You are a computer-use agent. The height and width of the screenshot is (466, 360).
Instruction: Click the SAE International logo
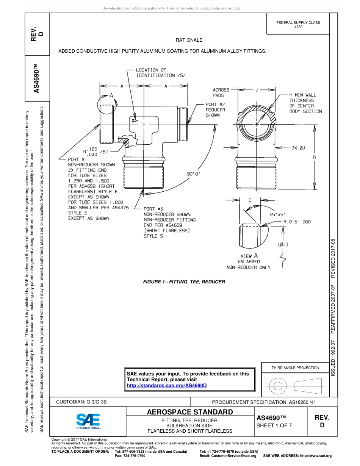(88, 421)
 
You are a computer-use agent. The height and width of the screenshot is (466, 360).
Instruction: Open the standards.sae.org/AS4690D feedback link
(167, 385)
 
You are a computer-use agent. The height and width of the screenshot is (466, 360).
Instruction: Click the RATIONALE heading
(189, 40)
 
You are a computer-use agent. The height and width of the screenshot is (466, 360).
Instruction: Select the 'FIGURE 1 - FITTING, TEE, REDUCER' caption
(184, 282)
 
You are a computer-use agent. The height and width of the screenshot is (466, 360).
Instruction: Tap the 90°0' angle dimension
(194, 174)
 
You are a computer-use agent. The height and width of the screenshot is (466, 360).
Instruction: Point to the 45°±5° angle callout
(279, 214)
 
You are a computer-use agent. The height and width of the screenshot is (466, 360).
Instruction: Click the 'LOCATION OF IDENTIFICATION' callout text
(161, 73)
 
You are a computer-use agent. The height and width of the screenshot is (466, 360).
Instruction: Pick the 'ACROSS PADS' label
(221, 93)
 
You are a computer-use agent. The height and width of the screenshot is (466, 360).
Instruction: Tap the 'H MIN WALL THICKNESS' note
(305, 103)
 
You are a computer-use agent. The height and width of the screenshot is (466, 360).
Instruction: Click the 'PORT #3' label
(153, 209)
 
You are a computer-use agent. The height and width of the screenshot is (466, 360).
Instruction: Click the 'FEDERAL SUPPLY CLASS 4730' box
(298, 25)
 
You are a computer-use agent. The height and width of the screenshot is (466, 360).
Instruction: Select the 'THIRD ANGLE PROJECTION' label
(295, 367)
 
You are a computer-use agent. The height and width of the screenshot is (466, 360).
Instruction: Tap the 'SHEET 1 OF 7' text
(274, 425)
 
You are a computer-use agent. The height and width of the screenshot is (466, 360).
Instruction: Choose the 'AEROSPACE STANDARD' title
(190, 412)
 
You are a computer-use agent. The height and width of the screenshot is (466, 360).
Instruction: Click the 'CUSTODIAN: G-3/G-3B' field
(84, 402)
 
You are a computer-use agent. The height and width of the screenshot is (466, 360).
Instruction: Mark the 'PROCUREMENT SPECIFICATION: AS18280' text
(263, 402)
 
